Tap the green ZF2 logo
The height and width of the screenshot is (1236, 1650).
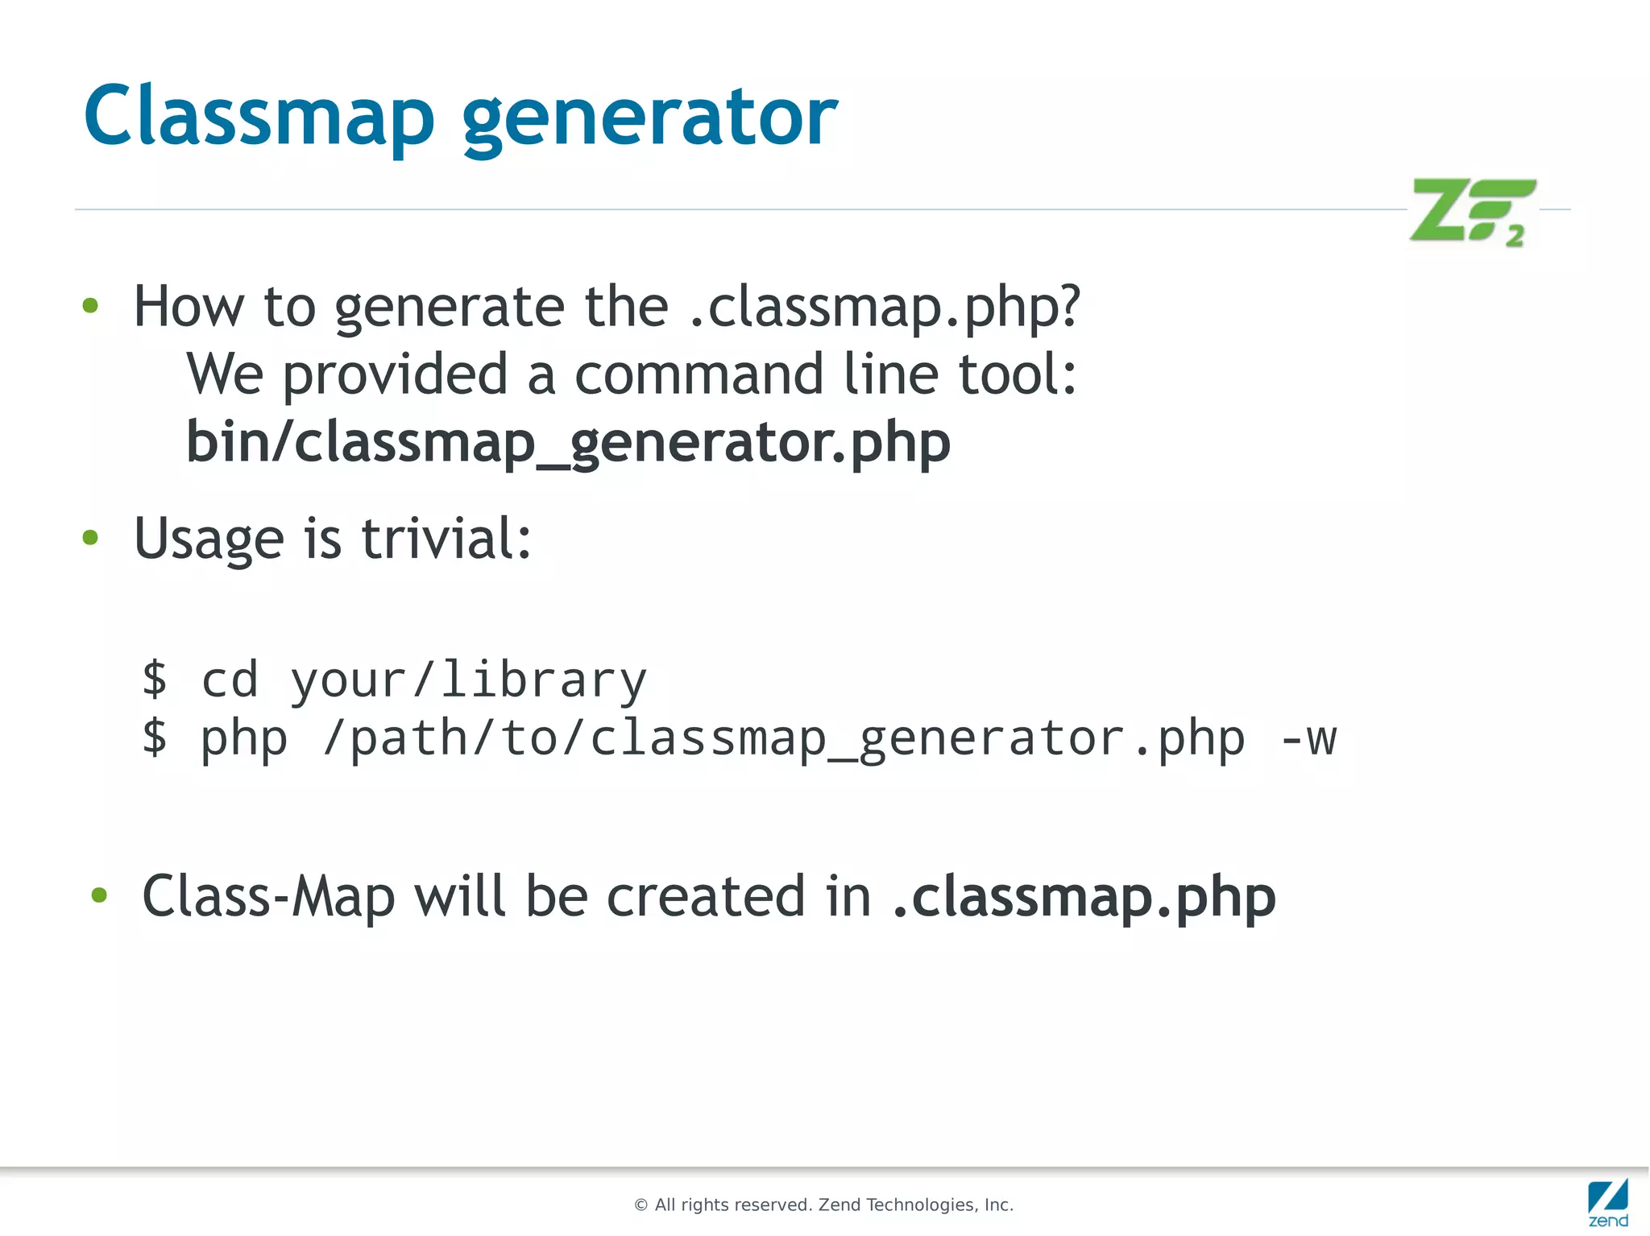pyautogui.click(x=1473, y=211)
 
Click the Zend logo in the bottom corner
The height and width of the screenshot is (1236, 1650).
pyautogui.click(x=1607, y=1202)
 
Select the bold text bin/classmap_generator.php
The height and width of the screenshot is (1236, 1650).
pyautogui.click(x=568, y=442)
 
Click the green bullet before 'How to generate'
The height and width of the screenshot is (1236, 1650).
pyautogui.click(x=90, y=306)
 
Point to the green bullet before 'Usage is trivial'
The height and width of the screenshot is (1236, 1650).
pyautogui.click(x=90, y=537)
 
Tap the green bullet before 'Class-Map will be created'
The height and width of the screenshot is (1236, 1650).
pyautogui.click(x=99, y=895)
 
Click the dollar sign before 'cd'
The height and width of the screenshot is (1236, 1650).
pyautogui.click(x=155, y=679)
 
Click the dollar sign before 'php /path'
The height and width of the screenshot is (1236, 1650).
pyautogui.click(x=155, y=737)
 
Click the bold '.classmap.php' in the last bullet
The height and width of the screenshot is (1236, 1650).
pyautogui.click(x=1084, y=897)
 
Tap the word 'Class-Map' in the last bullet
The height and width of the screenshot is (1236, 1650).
pyautogui.click(x=268, y=896)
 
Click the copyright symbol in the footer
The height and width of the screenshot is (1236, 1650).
pyautogui.click(x=641, y=1205)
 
